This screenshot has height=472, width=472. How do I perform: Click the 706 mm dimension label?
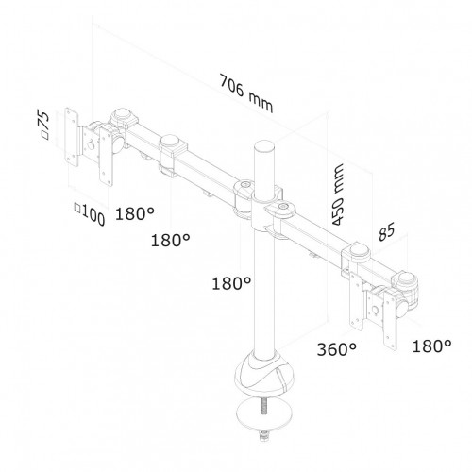246,93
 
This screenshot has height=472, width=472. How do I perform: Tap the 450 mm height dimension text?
338,195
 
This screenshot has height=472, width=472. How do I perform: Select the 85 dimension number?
386,232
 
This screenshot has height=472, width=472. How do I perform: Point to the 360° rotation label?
337,349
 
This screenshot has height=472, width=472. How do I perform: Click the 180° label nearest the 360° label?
431,346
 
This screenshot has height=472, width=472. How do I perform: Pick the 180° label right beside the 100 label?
135,214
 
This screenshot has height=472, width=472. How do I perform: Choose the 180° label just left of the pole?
231,283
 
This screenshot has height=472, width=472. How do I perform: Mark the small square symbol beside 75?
45,135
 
